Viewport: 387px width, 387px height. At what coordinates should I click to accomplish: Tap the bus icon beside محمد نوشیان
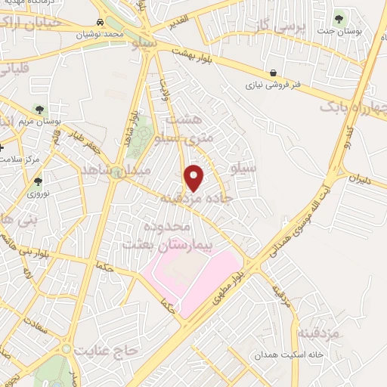point(101,23)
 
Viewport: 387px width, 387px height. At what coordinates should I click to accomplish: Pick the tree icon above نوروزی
point(38,181)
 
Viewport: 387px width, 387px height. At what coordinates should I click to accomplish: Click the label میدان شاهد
point(110,172)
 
